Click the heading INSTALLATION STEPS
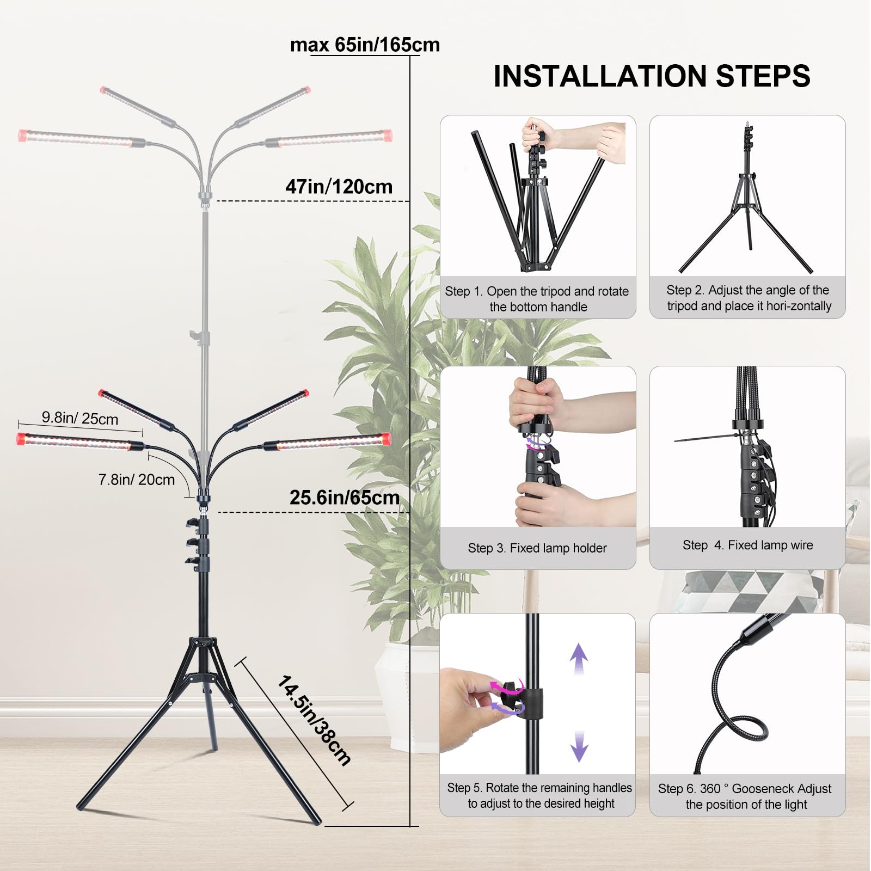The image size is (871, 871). click(x=652, y=76)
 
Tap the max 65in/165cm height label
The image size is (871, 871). click(x=365, y=45)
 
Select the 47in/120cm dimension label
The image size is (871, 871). click(x=339, y=187)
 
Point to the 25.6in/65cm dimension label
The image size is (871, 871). click(x=344, y=498)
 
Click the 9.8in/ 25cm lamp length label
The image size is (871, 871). click(x=80, y=418)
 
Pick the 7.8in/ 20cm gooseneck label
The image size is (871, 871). click(x=137, y=480)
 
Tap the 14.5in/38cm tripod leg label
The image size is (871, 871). click(x=314, y=720)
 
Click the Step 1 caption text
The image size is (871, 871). click(x=537, y=299)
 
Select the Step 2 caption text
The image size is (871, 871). click(x=749, y=298)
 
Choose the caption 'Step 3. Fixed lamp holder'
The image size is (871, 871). click(x=537, y=548)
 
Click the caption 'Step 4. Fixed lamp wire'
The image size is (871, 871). click(x=748, y=545)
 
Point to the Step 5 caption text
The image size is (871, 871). click(x=539, y=795)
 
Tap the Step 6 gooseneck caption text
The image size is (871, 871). click(x=745, y=796)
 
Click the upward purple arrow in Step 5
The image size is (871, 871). click(x=579, y=659)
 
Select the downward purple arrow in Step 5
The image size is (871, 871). click(x=579, y=746)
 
